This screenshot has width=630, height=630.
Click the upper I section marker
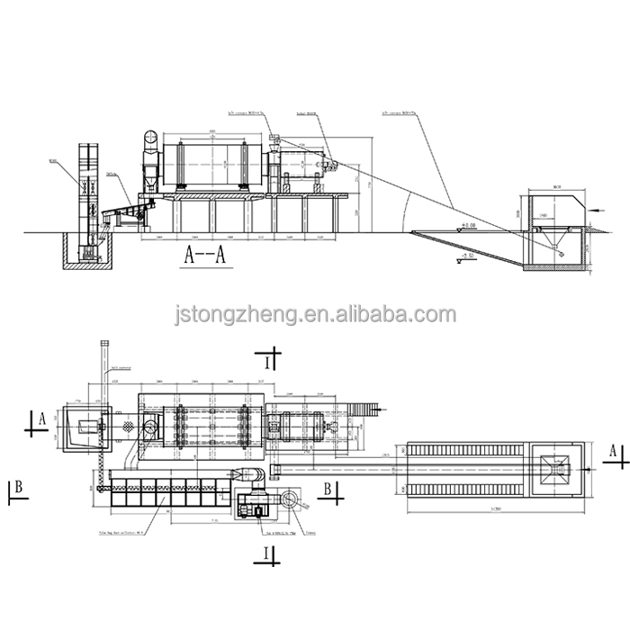[268, 361]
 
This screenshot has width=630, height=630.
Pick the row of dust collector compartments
[157, 497]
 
